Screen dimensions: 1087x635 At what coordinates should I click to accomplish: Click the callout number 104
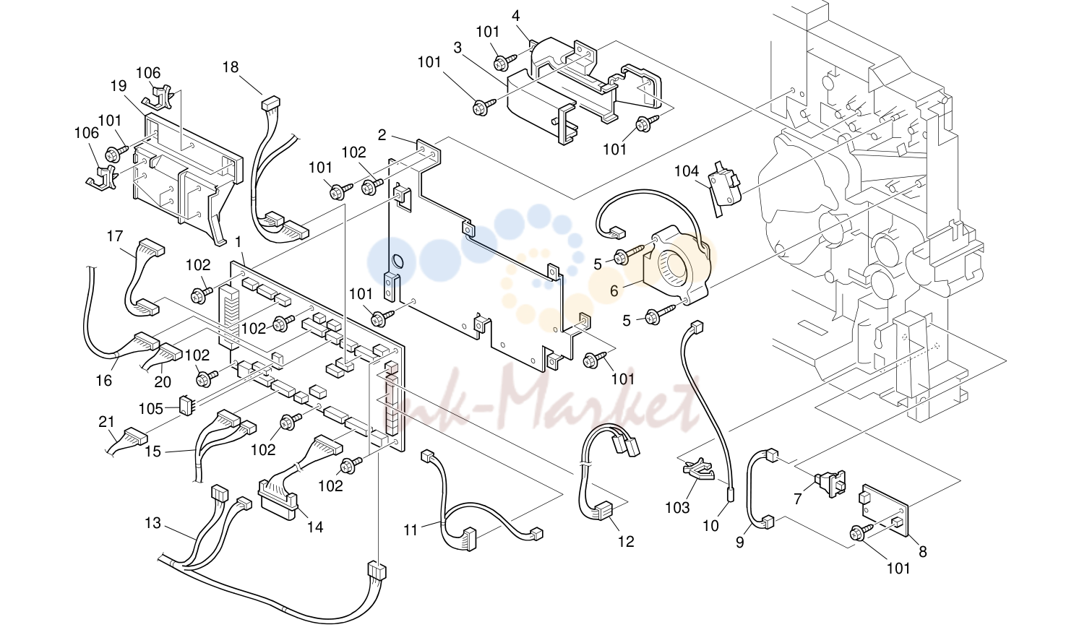[686, 171]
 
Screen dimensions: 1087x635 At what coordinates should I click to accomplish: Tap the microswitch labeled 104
[724, 187]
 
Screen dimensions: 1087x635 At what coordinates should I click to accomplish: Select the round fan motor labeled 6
[676, 264]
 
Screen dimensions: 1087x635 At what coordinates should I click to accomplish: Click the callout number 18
[231, 67]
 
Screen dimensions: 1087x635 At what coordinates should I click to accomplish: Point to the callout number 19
[119, 86]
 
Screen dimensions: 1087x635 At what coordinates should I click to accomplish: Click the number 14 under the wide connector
[315, 527]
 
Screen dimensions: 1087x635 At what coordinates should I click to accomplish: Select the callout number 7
[798, 498]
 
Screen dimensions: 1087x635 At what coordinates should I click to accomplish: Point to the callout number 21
[106, 422]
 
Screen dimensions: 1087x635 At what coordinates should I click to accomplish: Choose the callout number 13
[152, 523]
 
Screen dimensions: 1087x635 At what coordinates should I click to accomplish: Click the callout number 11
[411, 530]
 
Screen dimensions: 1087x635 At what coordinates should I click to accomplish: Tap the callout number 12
[626, 541]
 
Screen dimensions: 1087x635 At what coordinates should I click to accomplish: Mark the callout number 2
[382, 135]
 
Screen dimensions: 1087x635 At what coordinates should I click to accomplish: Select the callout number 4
[516, 16]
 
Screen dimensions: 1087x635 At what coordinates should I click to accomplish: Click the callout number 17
[115, 236]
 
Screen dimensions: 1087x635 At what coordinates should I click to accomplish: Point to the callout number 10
[711, 525]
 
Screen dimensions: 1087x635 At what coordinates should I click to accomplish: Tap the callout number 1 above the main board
[238, 241]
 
